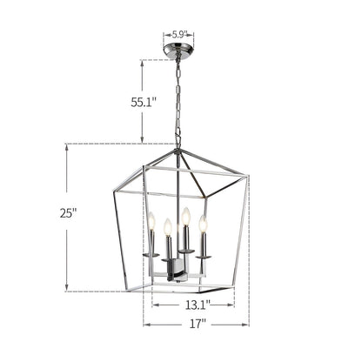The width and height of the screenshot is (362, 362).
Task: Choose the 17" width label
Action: click(x=197, y=324)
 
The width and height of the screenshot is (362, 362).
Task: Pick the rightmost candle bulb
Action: click(x=203, y=225)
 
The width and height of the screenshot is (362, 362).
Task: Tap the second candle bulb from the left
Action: click(x=166, y=228)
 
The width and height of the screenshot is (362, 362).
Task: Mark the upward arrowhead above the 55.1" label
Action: click(x=141, y=64)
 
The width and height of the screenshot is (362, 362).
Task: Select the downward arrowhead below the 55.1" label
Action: click(x=141, y=141)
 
